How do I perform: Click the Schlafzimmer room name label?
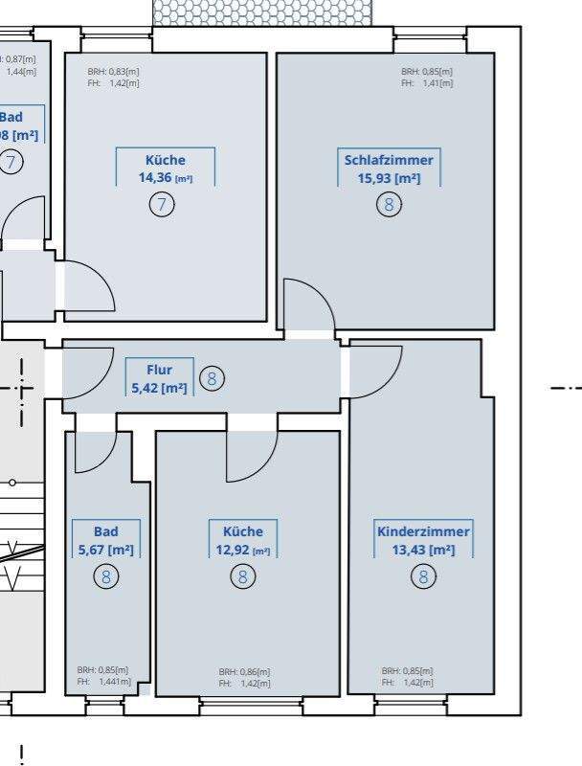(389, 160)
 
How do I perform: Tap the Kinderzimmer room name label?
(423, 531)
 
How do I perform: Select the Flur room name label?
(159, 369)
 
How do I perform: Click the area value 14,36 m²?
(166, 178)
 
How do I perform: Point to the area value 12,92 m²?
(242, 550)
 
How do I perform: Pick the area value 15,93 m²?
(389, 178)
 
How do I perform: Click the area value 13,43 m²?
(423, 550)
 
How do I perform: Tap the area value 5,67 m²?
(105, 550)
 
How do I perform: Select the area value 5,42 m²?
(159, 387)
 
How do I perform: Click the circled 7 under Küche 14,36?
(162, 204)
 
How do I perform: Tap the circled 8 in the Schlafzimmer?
(389, 205)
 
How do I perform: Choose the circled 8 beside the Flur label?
(213, 379)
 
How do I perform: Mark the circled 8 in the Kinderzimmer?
(423, 576)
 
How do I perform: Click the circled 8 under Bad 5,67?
(105, 576)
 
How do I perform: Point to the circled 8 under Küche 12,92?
(243, 576)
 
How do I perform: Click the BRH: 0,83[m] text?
(113, 72)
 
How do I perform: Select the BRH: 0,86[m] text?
(244, 672)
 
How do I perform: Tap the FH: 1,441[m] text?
(102, 683)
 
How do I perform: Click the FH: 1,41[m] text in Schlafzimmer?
(427, 83)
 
